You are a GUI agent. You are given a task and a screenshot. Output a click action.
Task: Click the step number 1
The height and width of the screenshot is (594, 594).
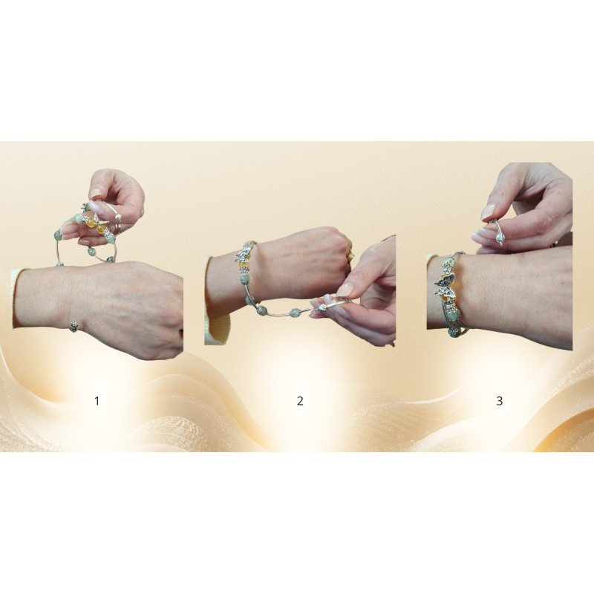(x=97, y=401)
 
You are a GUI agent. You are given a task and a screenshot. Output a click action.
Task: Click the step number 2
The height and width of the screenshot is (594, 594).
(x=300, y=401)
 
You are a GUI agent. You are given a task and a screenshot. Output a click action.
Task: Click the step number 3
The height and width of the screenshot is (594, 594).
(x=499, y=401)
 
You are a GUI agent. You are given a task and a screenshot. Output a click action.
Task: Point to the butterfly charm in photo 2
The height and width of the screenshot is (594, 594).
(x=244, y=252)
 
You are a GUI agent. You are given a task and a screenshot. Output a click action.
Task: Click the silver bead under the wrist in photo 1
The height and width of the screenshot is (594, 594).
(x=74, y=325)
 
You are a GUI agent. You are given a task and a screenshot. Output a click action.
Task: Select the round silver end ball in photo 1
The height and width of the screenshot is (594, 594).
(x=119, y=218)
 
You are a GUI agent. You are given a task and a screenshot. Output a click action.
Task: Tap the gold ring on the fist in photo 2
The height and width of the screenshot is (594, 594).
(x=350, y=254)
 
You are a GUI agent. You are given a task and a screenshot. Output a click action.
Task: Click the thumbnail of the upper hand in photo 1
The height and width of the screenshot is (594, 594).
(x=96, y=193)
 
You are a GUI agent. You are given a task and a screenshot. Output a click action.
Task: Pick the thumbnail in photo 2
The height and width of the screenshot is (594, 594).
(x=345, y=290)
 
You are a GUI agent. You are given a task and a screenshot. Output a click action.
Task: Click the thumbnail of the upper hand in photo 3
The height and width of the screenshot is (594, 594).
(x=489, y=212)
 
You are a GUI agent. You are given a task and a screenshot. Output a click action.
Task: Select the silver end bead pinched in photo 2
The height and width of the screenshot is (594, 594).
(x=322, y=307)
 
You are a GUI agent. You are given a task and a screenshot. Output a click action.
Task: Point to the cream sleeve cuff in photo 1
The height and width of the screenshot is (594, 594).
(x=18, y=298)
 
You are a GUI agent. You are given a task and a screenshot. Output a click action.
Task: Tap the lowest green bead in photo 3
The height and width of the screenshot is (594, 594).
(x=454, y=332)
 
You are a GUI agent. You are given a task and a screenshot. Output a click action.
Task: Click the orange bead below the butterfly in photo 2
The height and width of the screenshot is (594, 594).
(x=244, y=265)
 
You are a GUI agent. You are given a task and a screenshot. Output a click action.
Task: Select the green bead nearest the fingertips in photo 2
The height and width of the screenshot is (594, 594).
(x=295, y=313)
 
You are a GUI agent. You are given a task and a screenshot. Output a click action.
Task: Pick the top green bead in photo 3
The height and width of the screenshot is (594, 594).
(x=449, y=262)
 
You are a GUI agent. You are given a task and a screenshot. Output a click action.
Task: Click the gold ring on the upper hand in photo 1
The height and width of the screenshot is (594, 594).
(x=119, y=228)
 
